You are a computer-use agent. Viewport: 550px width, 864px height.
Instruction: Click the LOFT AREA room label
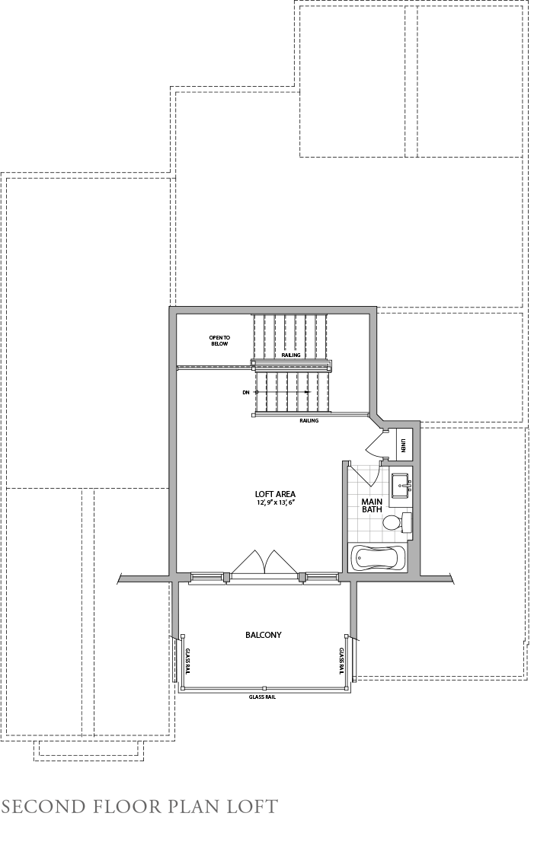(x=276, y=495)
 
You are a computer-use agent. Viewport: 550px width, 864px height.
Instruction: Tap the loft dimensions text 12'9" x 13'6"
(x=276, y=503)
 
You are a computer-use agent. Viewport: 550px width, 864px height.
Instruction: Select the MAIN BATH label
(x=372, y=505)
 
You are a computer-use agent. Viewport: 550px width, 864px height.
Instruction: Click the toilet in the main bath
(x=392, y=523)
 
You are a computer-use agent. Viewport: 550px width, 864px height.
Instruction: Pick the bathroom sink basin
(x=400, y=484)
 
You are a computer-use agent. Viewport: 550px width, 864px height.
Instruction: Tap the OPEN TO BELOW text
(x=219, y=340)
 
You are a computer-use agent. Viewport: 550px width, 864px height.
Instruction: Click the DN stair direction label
(x=245, y=392)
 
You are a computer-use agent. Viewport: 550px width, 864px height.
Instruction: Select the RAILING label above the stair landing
(x=290, y=355)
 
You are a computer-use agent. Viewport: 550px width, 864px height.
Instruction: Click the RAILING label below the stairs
(x=309, y=421)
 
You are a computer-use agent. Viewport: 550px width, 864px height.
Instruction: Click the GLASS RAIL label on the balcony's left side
(x=187, y=661)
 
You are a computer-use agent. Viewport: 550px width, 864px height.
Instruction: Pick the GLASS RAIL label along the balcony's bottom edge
(x=262, y=697)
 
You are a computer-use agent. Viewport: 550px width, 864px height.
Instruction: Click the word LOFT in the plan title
(x=253, y=806)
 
